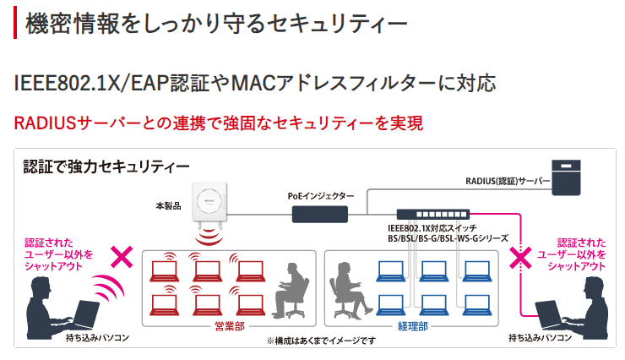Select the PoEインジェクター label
coord(321,195)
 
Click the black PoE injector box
coord(322,214)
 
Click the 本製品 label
coord(169,205)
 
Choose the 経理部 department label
coord(410,325)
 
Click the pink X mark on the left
coord(122,257)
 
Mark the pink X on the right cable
coord(518,256)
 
